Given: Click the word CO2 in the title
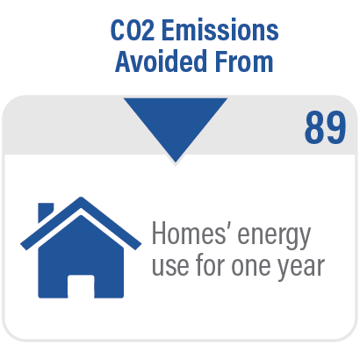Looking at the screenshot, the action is tap(133, 30).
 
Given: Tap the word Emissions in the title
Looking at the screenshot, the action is tap(220, 30).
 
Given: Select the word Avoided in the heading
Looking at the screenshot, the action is tap(161, 61).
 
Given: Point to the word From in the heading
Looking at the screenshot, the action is tap(244, 61).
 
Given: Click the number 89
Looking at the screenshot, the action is tap(325, 127).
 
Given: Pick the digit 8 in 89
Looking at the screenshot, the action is tap(314, 127).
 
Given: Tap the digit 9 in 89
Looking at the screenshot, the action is tap(336, 127).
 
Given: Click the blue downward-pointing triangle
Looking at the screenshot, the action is tap(176, 123).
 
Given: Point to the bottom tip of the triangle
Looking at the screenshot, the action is tap(176, 162).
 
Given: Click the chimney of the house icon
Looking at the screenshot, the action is tap(46, 212).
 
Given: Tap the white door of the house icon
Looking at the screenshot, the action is tap(81, 286).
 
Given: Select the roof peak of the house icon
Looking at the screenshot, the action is tap(81, 198).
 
